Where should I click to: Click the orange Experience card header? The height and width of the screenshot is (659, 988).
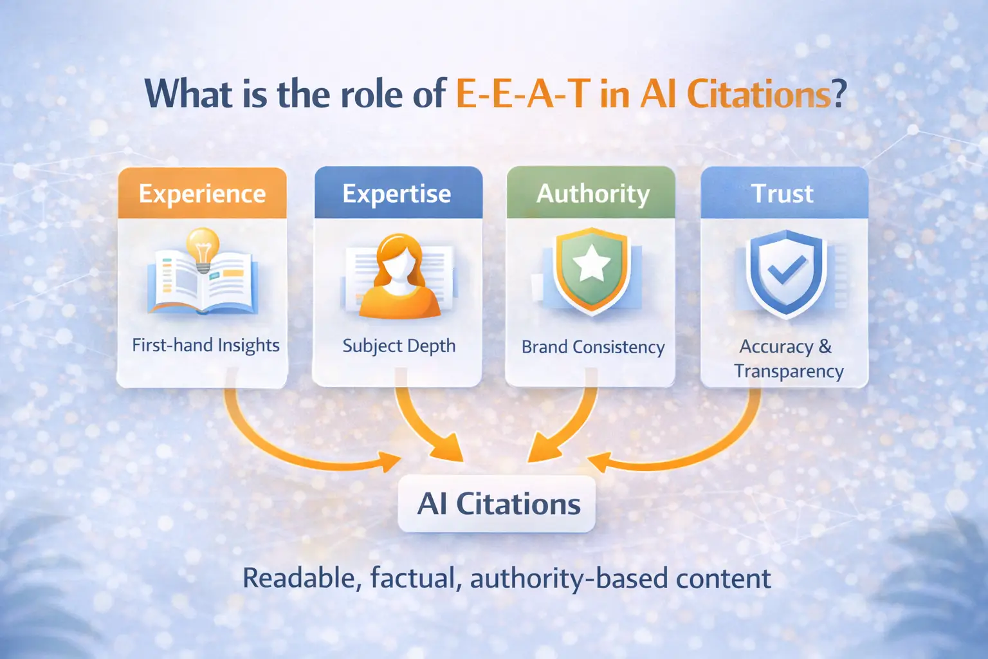202,194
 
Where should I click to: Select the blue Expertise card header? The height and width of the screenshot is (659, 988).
397,194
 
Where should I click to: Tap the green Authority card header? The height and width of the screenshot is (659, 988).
592,194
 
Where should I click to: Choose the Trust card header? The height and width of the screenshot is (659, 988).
783,194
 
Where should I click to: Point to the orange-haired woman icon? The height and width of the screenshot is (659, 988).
399,277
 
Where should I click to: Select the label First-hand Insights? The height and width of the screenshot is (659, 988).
206,346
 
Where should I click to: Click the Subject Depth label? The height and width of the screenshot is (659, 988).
399,346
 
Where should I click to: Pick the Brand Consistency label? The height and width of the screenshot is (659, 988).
592,348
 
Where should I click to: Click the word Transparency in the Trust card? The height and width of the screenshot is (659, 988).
789,372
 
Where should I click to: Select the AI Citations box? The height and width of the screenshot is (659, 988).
497,504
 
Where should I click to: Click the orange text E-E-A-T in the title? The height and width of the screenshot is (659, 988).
523,94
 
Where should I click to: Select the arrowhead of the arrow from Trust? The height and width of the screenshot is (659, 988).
598,461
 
